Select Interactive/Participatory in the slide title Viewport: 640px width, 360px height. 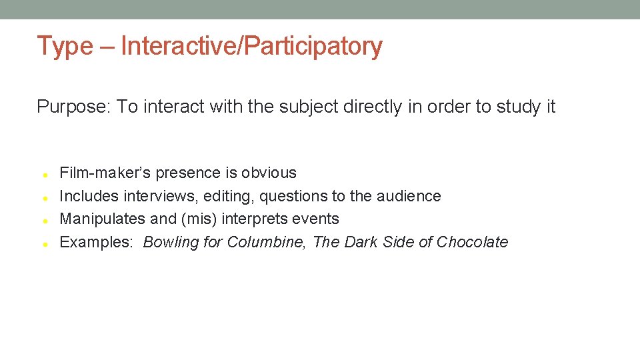click(x=252, y=46)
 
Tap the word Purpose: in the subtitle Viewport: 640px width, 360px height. click(x=74, y=107)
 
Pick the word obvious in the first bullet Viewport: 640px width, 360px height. click(x=269, y=173)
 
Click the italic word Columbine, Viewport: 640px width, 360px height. click(x=267, y=242)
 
